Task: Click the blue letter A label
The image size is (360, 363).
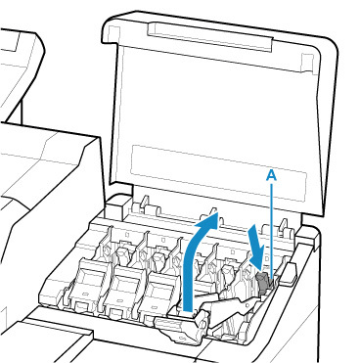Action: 271,175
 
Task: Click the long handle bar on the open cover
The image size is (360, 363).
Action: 209,36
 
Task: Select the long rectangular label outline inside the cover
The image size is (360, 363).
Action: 218,172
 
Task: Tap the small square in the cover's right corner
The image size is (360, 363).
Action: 307,60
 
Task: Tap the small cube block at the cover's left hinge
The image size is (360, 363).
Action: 116,206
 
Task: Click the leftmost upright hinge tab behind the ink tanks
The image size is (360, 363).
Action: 144,203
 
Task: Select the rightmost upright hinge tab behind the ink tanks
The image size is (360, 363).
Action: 283,226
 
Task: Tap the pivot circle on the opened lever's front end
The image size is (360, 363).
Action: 202,325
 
